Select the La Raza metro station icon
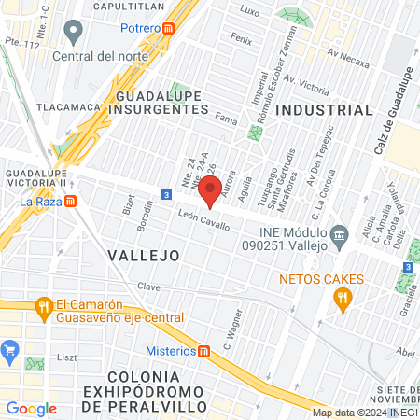click(72, 201)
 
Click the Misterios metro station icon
click(204, 351)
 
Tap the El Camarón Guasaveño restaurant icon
click(42, 306)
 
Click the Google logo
click(31, 408)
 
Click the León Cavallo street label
click(203, 220)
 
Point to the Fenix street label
click(242, 41)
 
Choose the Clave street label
click(149, 286)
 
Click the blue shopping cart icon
click(11, 352)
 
